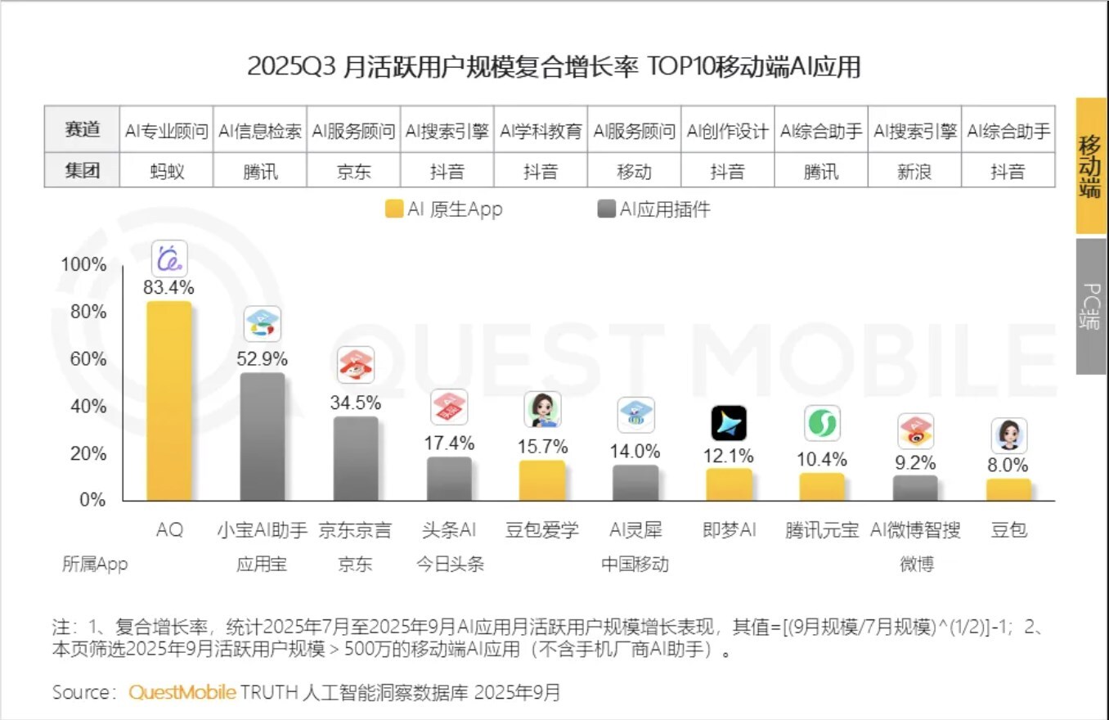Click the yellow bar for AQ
pos(169,401)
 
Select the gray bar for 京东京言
pos(356,459)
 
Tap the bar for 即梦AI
pos(729,484)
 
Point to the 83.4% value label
pos(170,287)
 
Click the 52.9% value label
pos(263,358)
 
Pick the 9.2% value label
pos(915,463)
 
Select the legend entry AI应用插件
pos(654,209)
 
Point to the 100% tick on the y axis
pos(84,265)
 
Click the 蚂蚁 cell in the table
pos(167,171)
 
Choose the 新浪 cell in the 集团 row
pos(914,171)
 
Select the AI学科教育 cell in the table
pos(541,131)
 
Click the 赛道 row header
pos(82,131)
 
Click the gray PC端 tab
pos(1091,307)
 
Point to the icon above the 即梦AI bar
pos(729,423)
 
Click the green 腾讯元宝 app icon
pos(822,423)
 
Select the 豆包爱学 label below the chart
pos(542,530)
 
